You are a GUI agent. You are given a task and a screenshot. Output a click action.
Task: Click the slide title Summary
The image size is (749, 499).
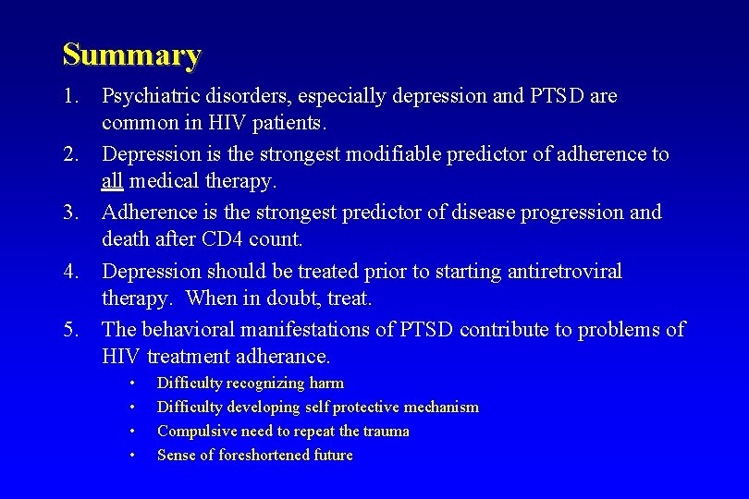[x=131, y=55]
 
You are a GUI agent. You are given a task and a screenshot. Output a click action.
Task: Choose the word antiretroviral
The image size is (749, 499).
[x=559, y=272]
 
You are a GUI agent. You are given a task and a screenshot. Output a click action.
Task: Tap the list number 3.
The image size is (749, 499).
[x=70, y=213]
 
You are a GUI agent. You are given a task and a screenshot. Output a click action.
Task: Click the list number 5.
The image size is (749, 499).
[x=70, y=330]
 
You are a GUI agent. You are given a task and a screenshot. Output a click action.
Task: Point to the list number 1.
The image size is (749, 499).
[x=70, y=96]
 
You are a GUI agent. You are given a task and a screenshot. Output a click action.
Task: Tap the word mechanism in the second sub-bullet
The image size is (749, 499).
[x=439, y=408]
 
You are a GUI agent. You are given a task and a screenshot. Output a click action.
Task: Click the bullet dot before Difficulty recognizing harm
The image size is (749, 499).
[x=133, y=383]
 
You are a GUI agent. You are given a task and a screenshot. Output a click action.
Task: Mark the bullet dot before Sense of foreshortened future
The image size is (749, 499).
[x=133, y=456]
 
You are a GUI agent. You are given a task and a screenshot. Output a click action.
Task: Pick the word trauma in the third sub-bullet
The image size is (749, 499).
[x=387, y=432]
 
